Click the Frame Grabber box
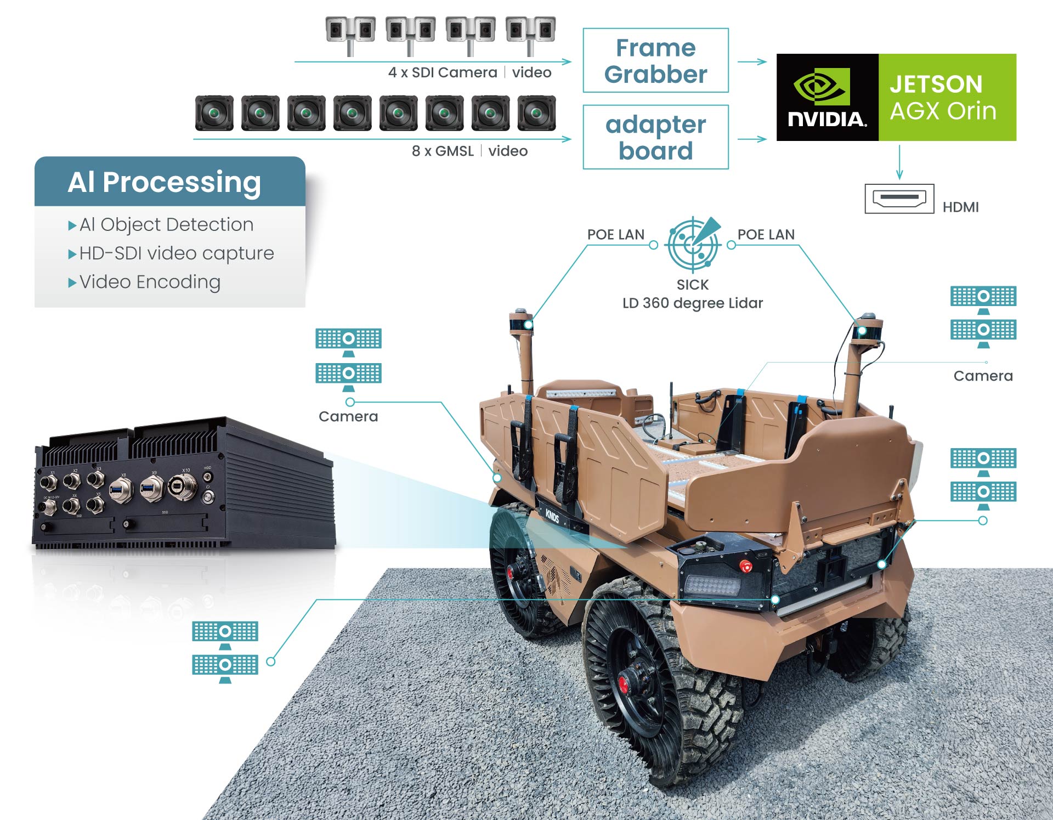tap(655, 60)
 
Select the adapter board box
tap(655, 137)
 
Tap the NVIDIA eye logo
tap(822, 86)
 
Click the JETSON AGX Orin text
tap(942, 98)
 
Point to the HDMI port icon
tap(899, 199)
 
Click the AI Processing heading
tap(164, 182)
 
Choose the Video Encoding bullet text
tap(149, 282)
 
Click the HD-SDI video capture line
tap(175, 253)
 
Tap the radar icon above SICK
tap(693, 245)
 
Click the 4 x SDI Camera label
tap(442, 72)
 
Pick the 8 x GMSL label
tap(442, 151)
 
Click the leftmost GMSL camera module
tap(214, 114)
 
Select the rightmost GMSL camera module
tap(537, 114)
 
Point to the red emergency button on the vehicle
tap(745, 565)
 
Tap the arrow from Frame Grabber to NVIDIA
tap(752, 61)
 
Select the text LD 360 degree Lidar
tap(692, 303)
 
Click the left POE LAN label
tap(615, 235)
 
